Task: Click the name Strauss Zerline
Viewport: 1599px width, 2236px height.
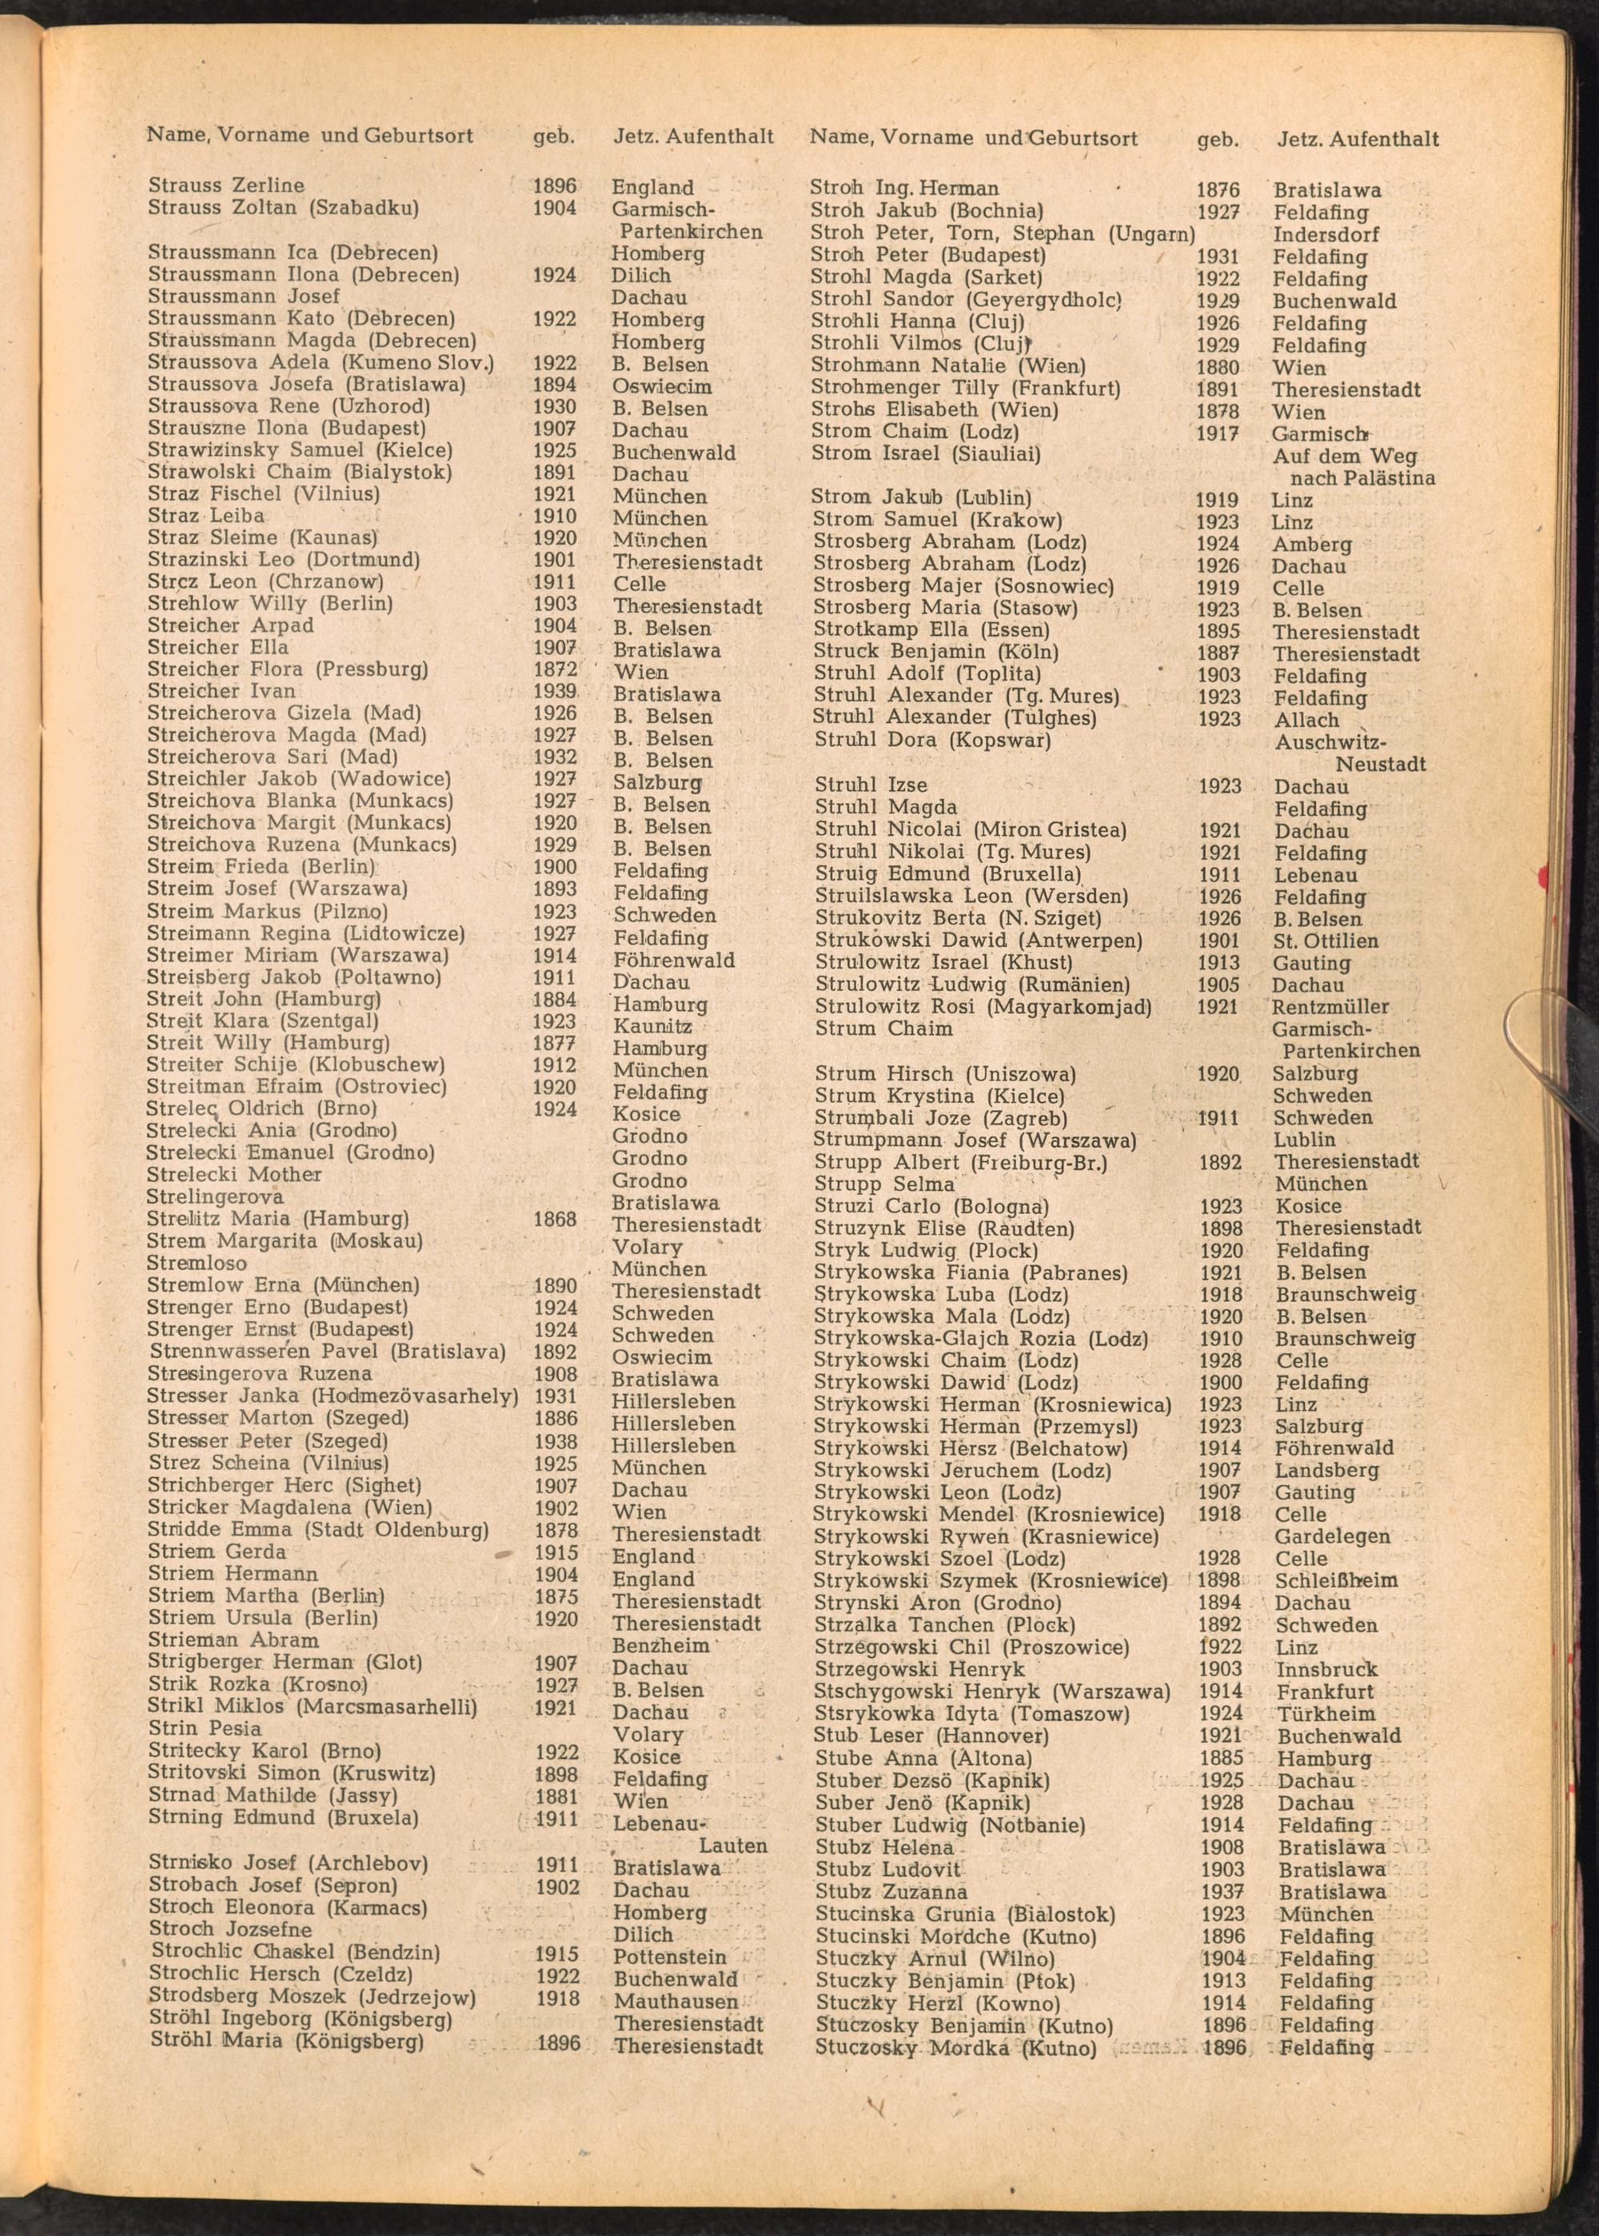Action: tap(226, 185)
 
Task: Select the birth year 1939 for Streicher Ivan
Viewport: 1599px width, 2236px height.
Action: tap(554, 691)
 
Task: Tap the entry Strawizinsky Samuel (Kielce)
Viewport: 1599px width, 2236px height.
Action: tap(301, 450)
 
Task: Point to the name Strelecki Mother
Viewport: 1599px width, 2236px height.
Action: tap(234, 1175)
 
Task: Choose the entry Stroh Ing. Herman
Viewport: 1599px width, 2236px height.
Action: tap(904, 188)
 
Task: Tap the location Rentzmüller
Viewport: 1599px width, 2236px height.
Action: tap(1330, 1006)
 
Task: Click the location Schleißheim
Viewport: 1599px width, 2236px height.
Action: tap(1335, 1580)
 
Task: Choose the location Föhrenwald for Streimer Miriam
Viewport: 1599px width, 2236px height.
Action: tap(673, 960)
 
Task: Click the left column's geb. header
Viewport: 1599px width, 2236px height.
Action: tap(553, 136)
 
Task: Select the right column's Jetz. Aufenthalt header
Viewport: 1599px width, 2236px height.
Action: tap(1358, 139)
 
